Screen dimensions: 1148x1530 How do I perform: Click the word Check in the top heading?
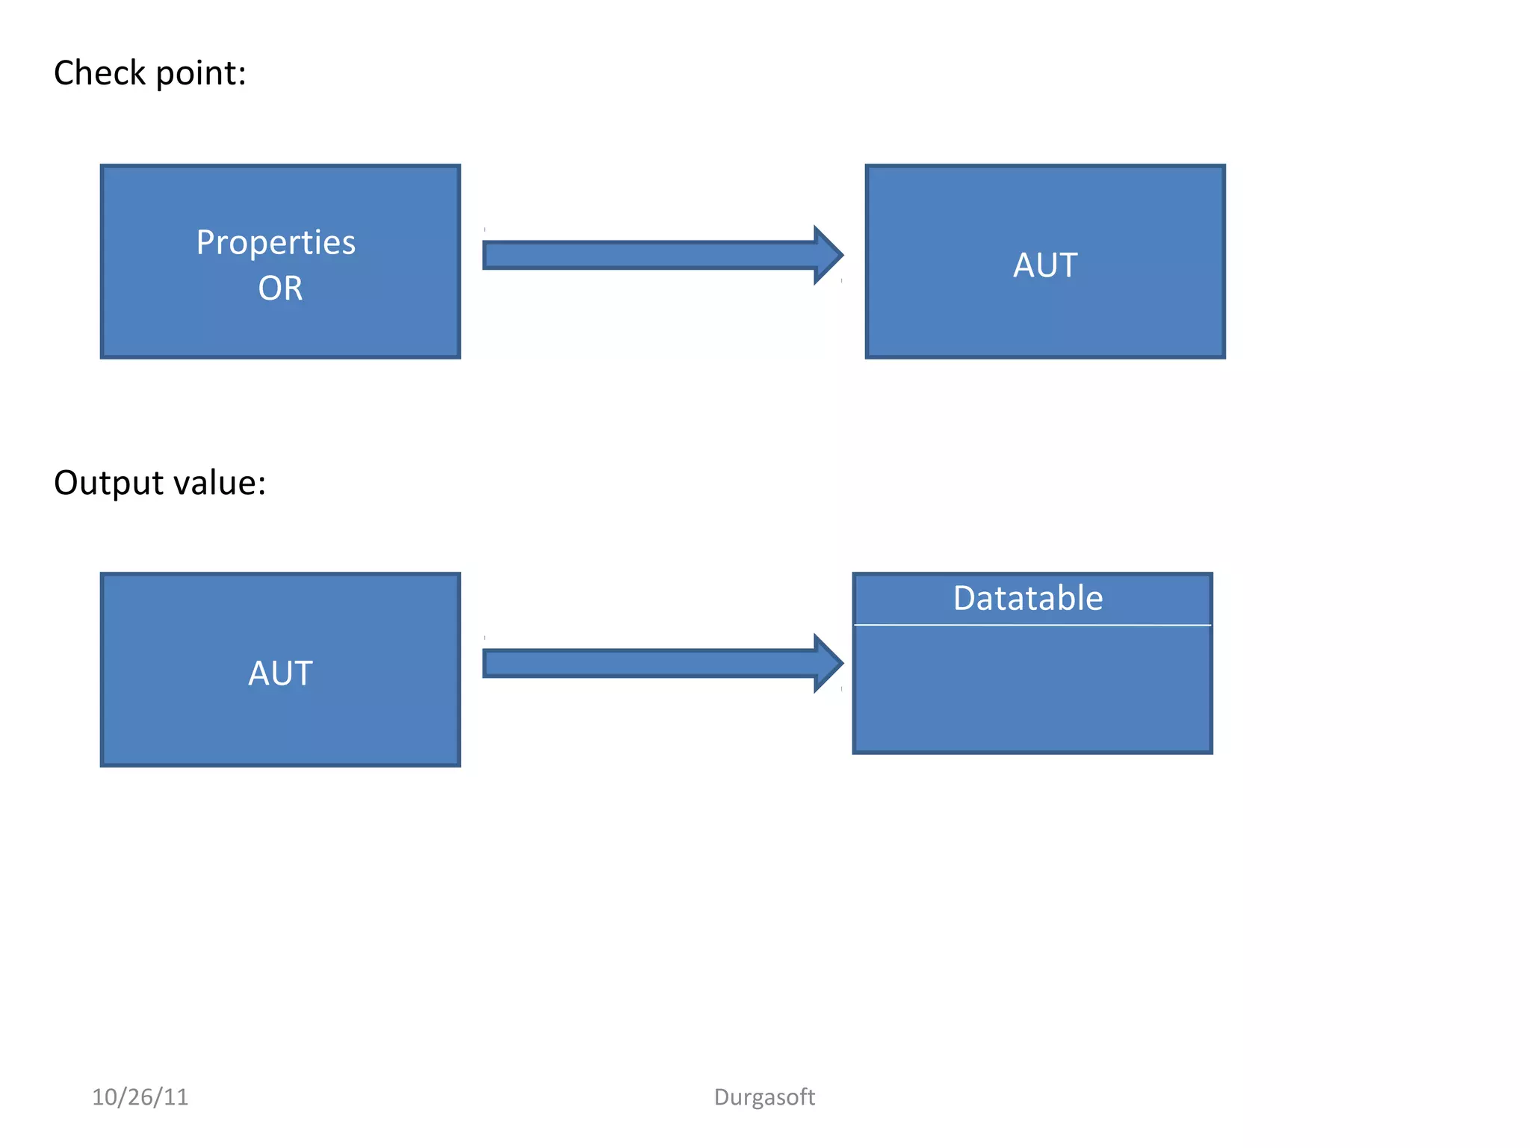click(x=99, y=73)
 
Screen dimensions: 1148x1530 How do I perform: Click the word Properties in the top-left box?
click(x=276, y=243)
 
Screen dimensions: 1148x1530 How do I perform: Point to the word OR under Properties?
click(x=280, y=288)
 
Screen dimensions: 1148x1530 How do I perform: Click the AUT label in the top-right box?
click(x=1044, y=265)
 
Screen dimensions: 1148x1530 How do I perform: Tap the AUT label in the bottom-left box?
click(x=280, y=673)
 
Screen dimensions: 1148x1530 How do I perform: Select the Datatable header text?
click(x=1028, y=598)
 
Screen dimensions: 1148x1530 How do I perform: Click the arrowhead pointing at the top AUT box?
click(x=828, y=255)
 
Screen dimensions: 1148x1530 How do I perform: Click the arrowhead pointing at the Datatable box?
click(x=828, y=663)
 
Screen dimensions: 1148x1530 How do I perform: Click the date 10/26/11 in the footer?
click(x=140, y=1096)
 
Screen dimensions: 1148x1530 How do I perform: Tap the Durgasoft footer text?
click(x=764, y=1096)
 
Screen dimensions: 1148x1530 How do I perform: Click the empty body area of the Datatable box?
click(x=1032, y=688)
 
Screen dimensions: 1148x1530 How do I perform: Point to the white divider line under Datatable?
click(x=1032, y=625)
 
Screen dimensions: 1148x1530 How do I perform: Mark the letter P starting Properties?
click(x=205, y=243)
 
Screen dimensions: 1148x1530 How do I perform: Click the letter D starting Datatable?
click(x=964, y=598)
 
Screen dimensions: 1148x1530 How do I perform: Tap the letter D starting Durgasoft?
click(x=721, y=1096)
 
